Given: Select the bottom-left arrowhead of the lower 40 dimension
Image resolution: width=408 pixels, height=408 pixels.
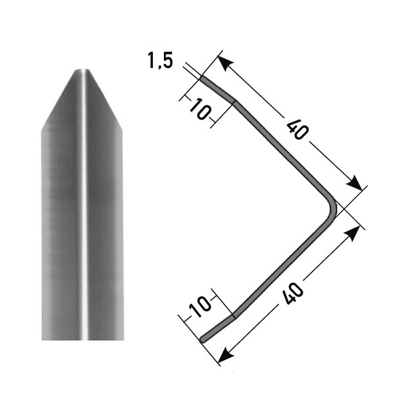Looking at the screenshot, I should (x=226, y=356).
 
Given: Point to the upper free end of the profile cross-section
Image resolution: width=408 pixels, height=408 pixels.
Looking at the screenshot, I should (x=203, y=80).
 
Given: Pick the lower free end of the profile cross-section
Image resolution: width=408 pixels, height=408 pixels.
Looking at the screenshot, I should (x=203, y=337).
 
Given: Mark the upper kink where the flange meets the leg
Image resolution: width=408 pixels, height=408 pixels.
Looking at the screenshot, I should (x=235, y=102).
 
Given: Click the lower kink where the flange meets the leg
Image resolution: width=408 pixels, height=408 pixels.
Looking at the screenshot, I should (x=234, y=316).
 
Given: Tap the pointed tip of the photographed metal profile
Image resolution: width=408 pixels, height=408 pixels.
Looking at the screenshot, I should (x=82, y=70).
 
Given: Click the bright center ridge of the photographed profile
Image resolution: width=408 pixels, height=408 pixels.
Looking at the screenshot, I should (x=83, y=204).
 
